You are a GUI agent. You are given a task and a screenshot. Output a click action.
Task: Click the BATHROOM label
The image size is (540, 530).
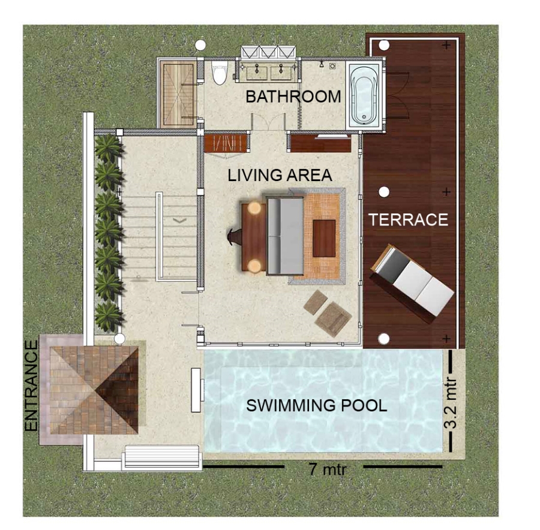293,97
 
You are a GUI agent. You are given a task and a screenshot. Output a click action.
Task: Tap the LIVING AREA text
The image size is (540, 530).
280,175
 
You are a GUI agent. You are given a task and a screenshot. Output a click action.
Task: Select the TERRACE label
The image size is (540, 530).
409,219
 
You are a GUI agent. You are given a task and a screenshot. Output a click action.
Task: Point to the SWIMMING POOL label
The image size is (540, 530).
316,405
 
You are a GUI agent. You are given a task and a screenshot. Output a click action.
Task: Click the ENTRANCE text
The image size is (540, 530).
31,386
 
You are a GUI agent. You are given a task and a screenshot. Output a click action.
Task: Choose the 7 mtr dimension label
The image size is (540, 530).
327,469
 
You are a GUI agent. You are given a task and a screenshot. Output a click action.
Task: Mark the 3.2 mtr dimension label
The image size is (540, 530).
450,403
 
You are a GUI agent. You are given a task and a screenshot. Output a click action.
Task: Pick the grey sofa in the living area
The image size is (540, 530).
285,236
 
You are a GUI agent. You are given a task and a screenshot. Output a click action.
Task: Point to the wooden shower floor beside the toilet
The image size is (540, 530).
178,94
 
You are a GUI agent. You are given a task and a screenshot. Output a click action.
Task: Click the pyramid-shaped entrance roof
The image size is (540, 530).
94,390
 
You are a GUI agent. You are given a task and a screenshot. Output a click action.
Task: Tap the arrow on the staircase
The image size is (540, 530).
180,220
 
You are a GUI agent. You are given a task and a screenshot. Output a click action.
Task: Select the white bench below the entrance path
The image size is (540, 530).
162,457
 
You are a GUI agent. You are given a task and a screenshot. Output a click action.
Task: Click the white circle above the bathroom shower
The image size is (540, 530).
200,45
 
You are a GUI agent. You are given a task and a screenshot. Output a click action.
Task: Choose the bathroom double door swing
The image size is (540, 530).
268,122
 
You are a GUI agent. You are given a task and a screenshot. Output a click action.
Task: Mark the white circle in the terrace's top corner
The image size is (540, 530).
384,45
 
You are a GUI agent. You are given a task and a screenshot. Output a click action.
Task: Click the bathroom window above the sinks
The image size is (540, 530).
268,52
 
